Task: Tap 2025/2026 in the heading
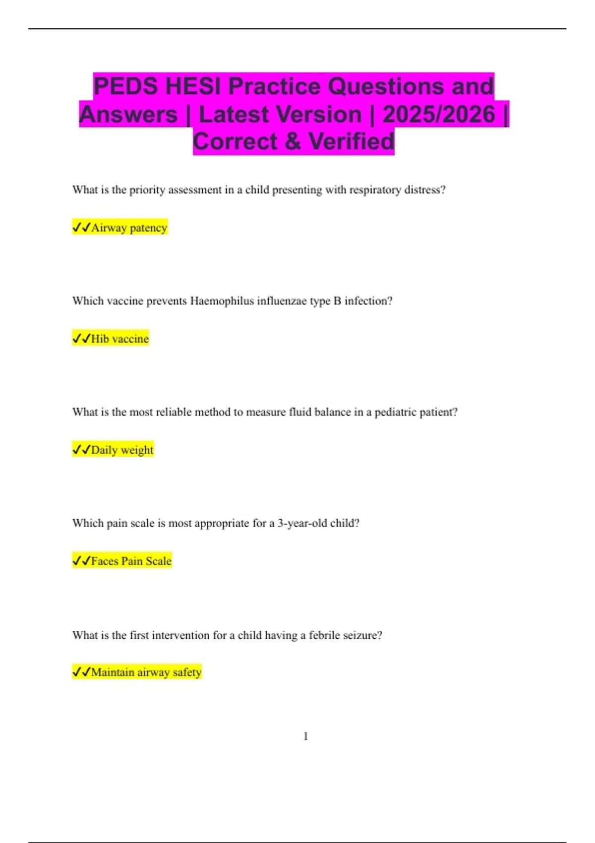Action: [439, 114]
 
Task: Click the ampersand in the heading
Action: [293, 141]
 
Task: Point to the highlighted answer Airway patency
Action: [129, 228]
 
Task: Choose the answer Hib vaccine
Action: [119, 339]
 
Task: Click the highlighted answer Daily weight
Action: [122, 450]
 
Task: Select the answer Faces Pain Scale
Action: [131, 561]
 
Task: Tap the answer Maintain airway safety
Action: [146, 672]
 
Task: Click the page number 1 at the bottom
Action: [305, 736]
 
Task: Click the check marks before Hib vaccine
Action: [81, 339]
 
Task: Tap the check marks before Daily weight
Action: [81, 450]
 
